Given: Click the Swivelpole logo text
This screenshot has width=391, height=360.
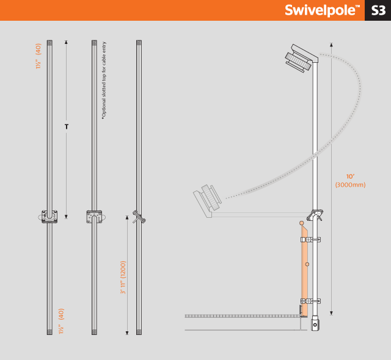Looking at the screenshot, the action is (322, 10).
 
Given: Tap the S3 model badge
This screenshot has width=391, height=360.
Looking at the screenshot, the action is (378, 10).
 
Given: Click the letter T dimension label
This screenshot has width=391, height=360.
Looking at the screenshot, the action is (67, 127).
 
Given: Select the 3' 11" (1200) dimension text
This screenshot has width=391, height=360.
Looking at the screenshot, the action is (123, 278).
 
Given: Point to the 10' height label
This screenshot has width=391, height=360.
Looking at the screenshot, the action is (350, 176).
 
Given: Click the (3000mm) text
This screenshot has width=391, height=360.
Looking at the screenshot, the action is (350, 185).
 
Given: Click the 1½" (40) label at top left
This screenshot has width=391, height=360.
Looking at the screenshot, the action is (38, 56).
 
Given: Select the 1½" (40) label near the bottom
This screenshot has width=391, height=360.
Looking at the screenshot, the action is (61, 321).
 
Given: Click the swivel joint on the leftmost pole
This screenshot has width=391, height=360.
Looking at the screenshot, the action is (49, 217).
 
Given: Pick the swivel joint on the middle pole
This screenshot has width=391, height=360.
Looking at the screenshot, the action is (94, 217).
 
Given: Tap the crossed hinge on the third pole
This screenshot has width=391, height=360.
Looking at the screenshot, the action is (139, 217).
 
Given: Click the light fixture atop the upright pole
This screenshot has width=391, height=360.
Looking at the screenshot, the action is (301, 59).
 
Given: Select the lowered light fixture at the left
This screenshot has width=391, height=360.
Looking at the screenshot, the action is (207, 200).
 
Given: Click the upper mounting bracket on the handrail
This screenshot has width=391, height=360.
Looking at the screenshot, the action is (310, 240).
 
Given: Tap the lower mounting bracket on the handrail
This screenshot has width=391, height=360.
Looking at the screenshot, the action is (310, 301).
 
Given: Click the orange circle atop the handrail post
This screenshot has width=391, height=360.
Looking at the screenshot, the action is (302, 223).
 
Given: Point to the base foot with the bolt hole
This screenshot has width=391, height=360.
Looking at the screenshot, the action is (315, 323).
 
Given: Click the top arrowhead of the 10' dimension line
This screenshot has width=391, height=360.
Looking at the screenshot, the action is (331, 45).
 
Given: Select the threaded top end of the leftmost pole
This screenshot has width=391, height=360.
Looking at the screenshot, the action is (49, 43).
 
